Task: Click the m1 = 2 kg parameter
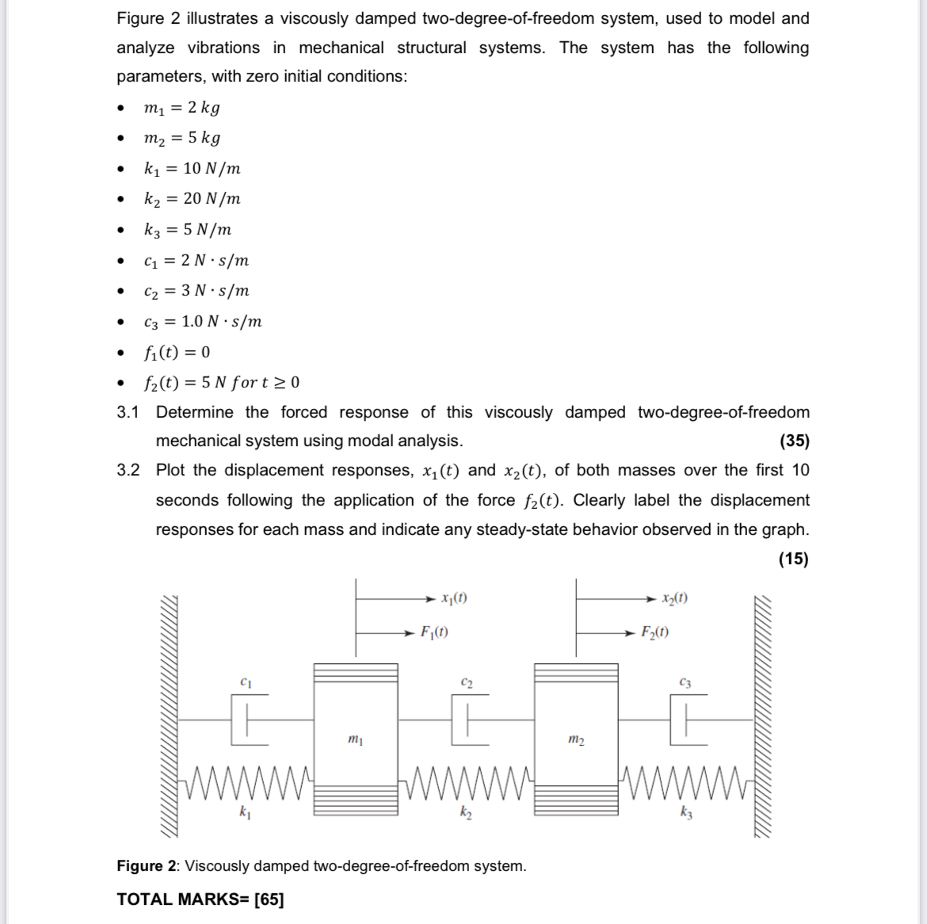(x=181, y=108)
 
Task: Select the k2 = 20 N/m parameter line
(x=192, y=199)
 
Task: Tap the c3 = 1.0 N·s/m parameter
(x=202, y=322)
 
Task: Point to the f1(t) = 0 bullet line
(x=176, y=352)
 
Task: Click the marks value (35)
(x=794, y=441)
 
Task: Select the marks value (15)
(x=794, y=559)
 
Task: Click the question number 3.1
(x=128, y=412)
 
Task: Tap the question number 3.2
(x=128, y=470)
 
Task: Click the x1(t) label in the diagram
(x=454, y=598)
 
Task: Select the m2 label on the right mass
(x=576, y=739)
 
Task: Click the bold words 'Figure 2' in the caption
(x=147, y=866)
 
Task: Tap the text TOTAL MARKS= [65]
(x=200, y=899)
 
